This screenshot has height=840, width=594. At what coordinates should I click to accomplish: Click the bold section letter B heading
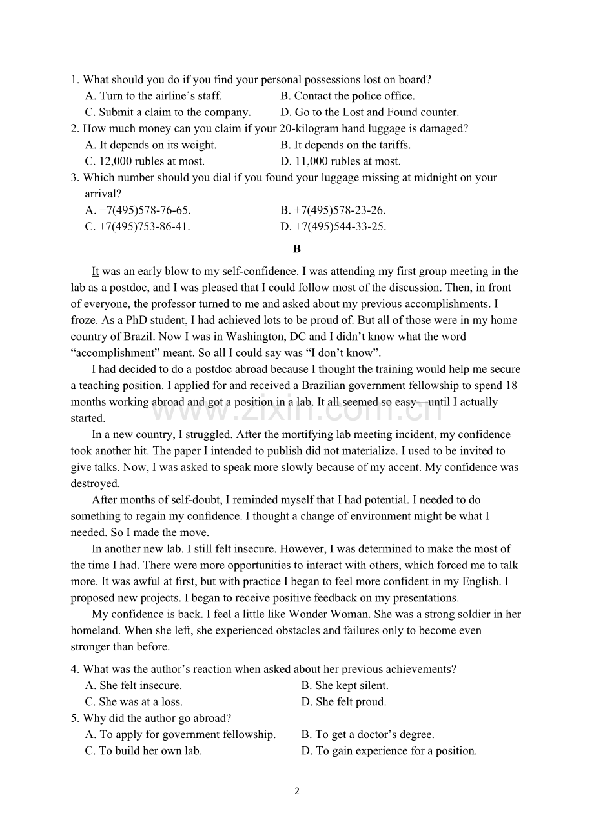pyautogui.click(x=297, y=248)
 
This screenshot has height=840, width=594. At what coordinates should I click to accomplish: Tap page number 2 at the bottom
pyautogui.click(x=297, y=792)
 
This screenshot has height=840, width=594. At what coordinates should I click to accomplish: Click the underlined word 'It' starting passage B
pyautogui.click(x=96, y=272)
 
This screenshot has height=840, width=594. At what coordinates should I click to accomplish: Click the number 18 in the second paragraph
pyautogui.click(x=511, y=385)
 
